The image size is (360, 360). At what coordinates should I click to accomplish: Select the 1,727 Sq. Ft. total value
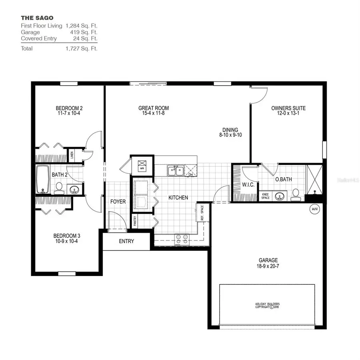tap(82, 48)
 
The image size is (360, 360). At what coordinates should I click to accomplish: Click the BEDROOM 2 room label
tap(69, 108)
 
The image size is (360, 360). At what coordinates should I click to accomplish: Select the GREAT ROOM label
tap(154, 108)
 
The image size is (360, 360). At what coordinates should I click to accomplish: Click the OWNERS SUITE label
tap(288, 108)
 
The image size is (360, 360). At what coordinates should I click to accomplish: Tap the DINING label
tap(230, 130)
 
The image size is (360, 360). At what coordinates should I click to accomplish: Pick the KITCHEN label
tap(178, 198)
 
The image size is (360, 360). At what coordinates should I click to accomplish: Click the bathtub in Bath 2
tap(42, 179)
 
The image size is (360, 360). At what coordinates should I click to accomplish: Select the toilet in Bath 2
tap(59, 187)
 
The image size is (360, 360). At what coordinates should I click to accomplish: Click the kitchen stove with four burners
tap(182, 239)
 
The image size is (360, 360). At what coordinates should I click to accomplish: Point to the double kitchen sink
tap(176, 171)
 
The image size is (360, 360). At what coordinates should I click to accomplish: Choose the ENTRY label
tap(126, 241)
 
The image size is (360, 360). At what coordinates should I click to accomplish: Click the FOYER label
tap(118, 202)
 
